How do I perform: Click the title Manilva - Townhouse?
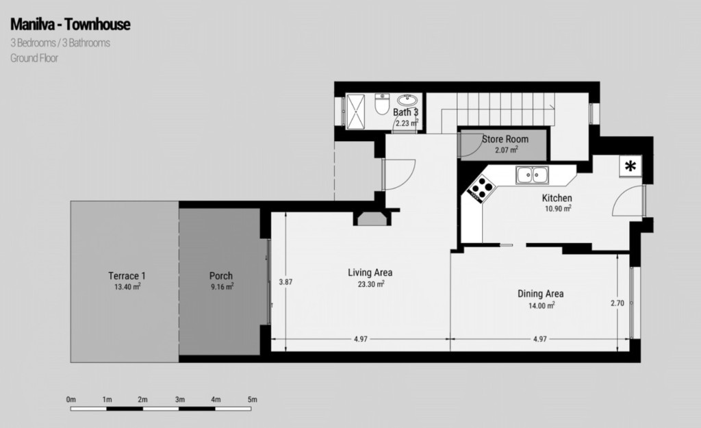click(x=71, y=25)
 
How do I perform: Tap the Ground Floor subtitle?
click(x=34, y=58)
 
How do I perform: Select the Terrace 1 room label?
click(x=127, y=276)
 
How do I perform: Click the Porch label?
click(x=221, y=276)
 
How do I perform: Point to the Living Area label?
click(x=370, y=273)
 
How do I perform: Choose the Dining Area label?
click(x=540, y=294)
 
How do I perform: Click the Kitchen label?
click(x=557, y=198)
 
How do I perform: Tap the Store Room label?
click(x=505, y=139)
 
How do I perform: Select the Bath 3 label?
click(x=405, y=112)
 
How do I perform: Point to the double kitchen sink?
click(x=533, y=175)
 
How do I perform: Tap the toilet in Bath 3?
click(x=381, y=106)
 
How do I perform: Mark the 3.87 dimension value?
click(x=285, y=281)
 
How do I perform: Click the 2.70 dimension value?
click(x=617, y=303)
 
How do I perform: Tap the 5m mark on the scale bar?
click(x=252, y=399)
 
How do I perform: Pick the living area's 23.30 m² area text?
click(x=370, y=284)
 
